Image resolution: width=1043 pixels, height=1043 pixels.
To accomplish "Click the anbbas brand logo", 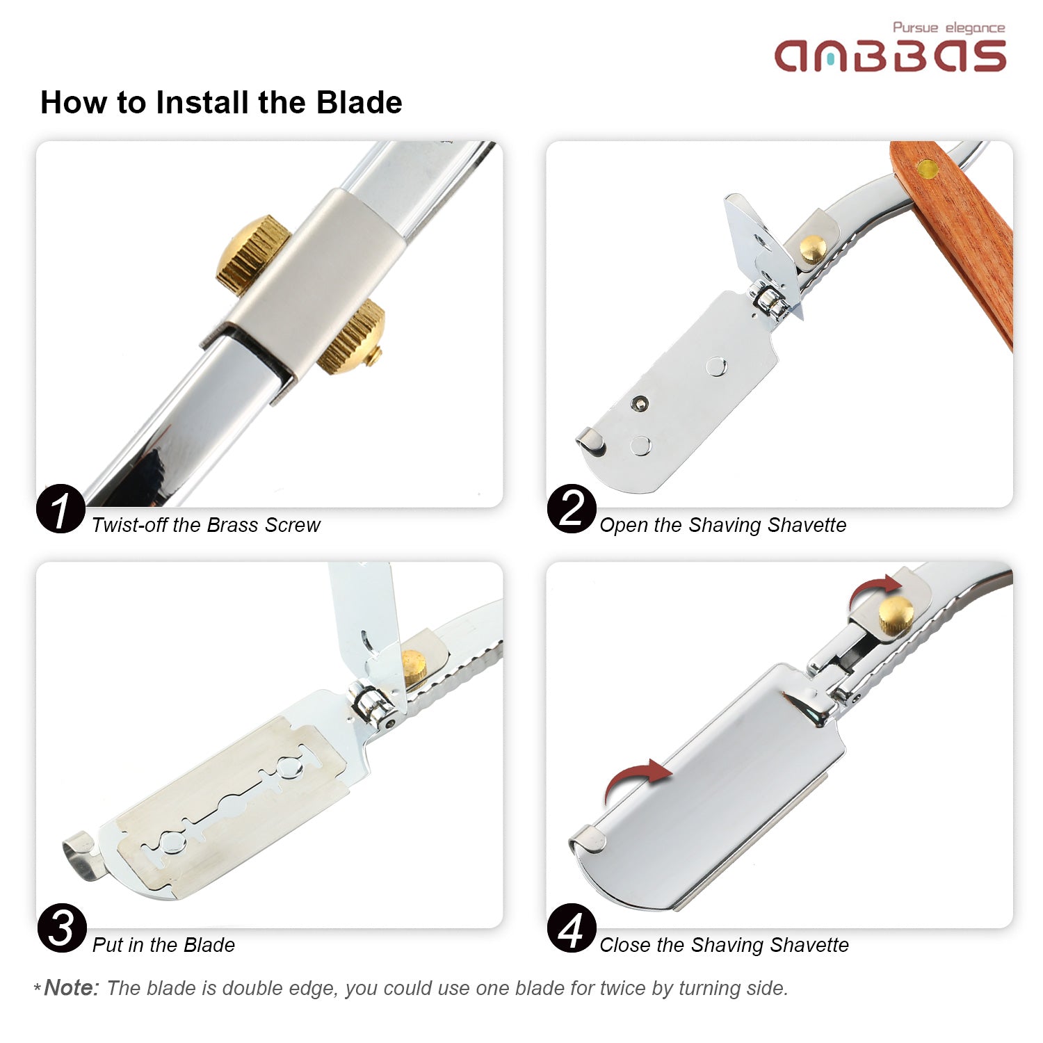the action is [x=890, y=56].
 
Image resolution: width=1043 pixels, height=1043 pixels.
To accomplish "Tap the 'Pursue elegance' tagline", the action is [x=949, y=28].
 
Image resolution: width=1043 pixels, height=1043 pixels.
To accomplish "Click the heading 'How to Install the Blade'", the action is [x=221, y=102].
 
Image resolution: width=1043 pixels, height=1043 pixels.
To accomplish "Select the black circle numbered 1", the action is [x=61, y=508].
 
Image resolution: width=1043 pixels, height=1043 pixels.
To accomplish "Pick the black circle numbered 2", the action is [x=572, y=508].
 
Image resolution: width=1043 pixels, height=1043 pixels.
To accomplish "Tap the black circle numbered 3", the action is [x=62, y=928].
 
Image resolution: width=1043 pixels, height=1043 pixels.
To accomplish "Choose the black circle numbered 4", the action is [x=572, y=928].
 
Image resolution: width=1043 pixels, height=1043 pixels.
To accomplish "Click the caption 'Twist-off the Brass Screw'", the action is [x=206, y=525].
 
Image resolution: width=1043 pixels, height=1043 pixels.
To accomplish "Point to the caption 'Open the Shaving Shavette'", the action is [x=723, y=525].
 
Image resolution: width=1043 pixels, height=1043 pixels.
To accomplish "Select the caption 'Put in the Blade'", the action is [x=163, y=945].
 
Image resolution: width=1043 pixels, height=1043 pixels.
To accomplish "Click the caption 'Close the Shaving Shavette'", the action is [x=724, y=945].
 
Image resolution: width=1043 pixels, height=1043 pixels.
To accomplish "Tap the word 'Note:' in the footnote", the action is [x=72, y=988].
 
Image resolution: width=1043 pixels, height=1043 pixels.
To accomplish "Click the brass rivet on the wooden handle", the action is [x=928, y=168].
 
